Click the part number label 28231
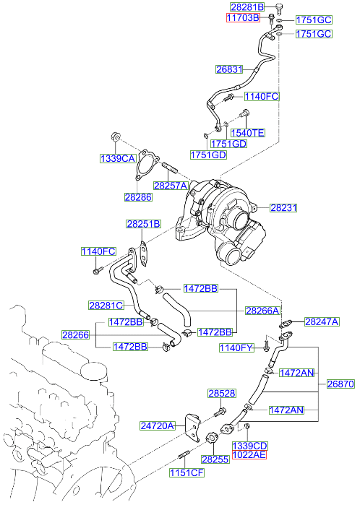coord(284,207)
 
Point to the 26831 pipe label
coord(229,70)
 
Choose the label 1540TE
coord(247,133)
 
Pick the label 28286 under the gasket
coord(137,196)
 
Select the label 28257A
coord(171,186)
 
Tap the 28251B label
coord(144,224)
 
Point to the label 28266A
coord(262,311)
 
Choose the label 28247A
coord(321,321)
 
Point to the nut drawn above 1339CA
coord(115,137)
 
